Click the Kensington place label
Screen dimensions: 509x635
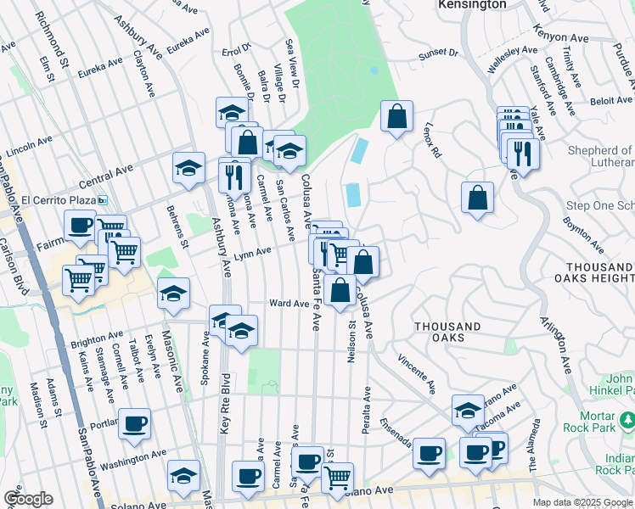(472, 4)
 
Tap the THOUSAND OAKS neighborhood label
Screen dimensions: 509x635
(447, 332)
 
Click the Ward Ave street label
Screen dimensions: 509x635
(289, 303)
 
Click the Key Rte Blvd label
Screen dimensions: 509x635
(225, 406)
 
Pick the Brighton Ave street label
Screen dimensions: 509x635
(97, 339)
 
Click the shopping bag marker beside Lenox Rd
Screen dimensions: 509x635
(396, 117)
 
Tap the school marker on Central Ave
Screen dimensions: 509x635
(188, 167)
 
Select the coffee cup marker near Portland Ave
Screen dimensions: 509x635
(134, 422)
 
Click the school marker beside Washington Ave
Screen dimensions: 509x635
(183, 475)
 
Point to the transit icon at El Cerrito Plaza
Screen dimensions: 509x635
(103, 200)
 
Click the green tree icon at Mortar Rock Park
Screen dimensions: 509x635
(628, 419)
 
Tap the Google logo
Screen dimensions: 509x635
(28, 499)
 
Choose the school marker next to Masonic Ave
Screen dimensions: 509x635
(174, 293)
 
